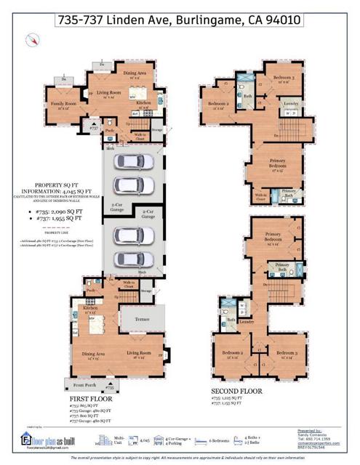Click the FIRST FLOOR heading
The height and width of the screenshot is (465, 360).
[x=92, y=399]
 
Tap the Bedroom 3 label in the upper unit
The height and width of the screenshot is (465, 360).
[x=284, y=78]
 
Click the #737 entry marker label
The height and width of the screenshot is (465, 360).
[x=94, y=128]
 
